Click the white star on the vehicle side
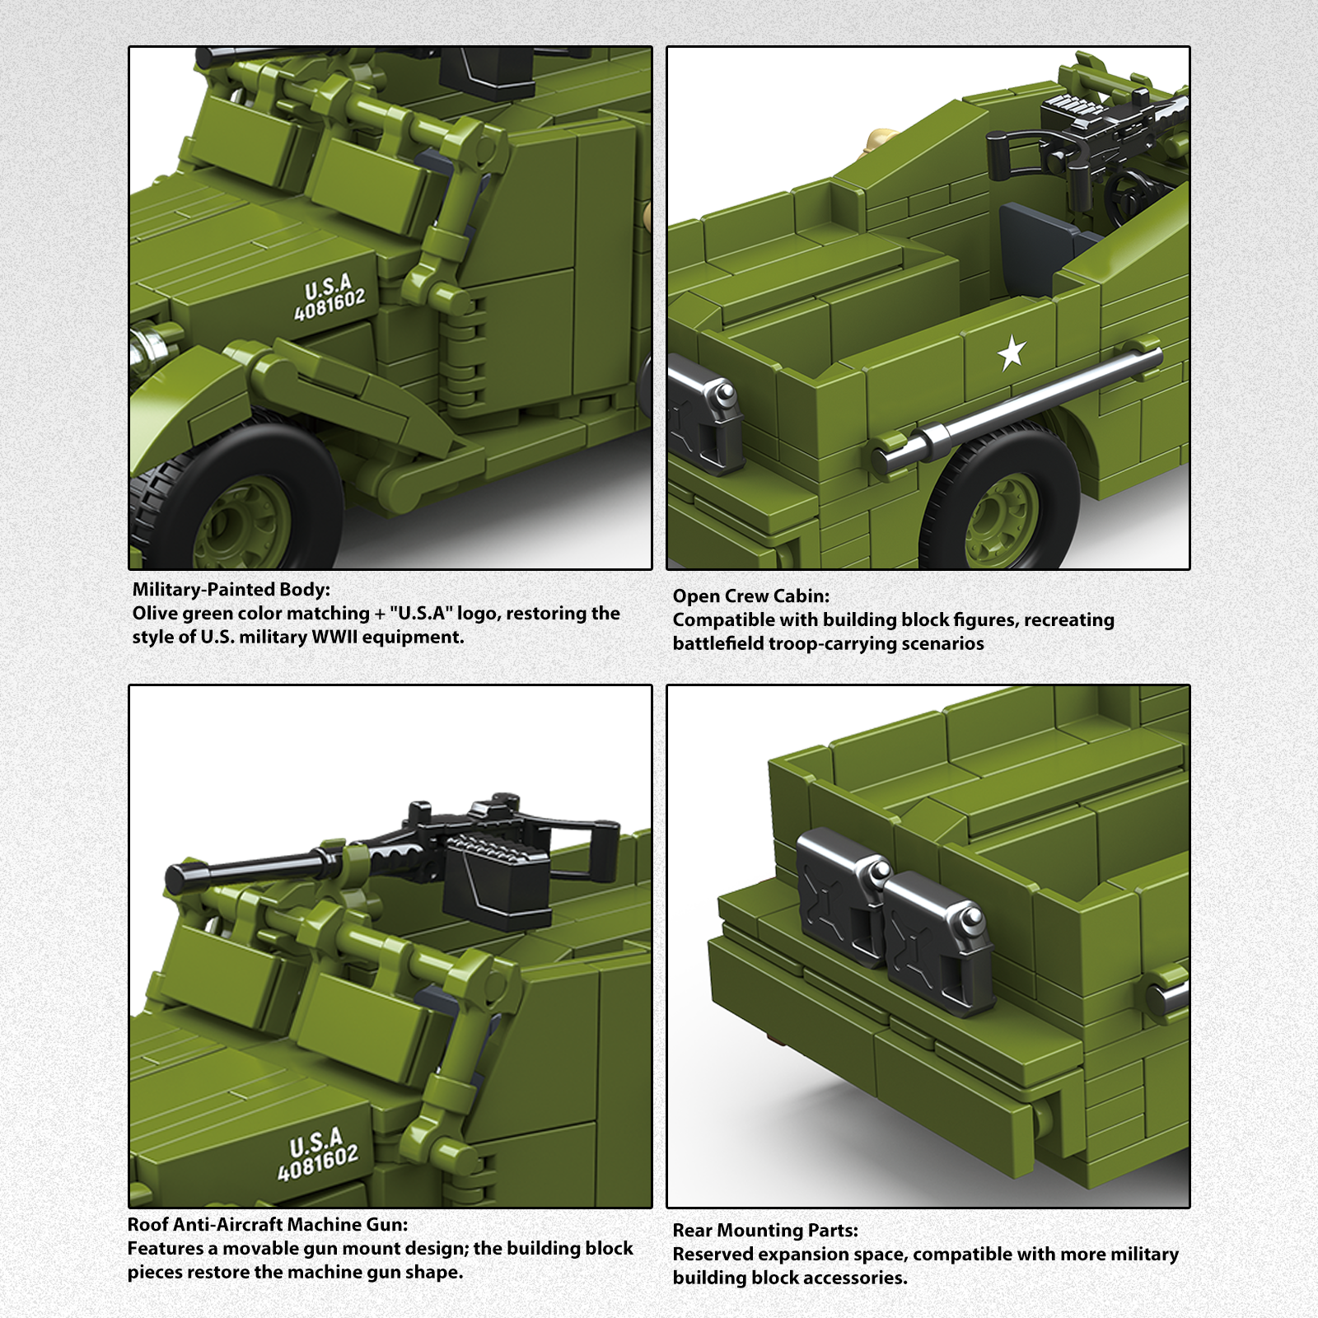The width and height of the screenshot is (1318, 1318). [x=1012, y=353]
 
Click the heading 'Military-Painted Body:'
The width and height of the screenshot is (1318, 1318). [x=231, y=589]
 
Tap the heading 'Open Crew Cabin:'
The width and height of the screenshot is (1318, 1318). [x=750, y=596]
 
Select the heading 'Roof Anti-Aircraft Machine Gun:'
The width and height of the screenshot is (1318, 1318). [x=268, y=1224]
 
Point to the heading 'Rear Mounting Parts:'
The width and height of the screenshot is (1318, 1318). [x=765, y=1230]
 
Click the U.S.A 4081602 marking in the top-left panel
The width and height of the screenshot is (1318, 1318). [x=329, y=297]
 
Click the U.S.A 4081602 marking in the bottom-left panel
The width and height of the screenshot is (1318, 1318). [x=318, y=1154]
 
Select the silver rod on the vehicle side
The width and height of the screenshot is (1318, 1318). [x=1021, y=404]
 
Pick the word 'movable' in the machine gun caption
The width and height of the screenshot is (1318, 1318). [x=260, y=1248]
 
